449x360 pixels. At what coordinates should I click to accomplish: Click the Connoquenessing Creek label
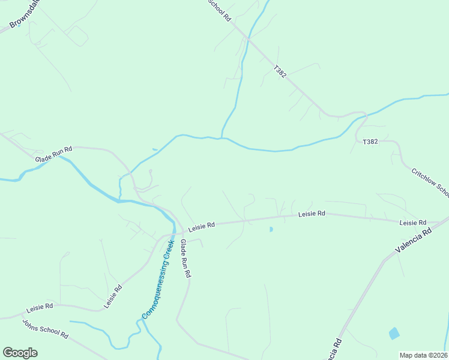click(158, 279)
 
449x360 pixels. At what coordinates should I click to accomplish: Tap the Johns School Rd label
click(46, 328)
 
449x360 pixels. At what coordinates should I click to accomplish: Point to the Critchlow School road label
click(430, 182)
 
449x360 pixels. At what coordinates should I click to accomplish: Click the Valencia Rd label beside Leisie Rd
click(414, 239)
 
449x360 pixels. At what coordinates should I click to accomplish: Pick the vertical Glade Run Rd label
click(185, 258)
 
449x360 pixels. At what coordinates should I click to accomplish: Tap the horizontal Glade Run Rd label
click(53, 154)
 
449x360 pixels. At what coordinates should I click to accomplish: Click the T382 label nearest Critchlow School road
click(370, 142)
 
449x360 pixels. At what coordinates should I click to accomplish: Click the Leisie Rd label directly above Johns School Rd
click(40, 308)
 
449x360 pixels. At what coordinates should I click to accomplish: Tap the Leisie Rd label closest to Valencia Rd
click(413, 223)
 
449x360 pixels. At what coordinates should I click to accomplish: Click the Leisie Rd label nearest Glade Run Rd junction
click(202, 227)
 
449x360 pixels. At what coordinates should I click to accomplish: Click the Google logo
click(20, 352)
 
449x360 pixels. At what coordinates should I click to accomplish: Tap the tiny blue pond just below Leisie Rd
click(271, 229)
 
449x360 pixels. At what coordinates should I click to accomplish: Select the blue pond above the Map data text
click(394, 334)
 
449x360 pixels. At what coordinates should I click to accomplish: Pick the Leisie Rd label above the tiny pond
click(312, 214)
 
